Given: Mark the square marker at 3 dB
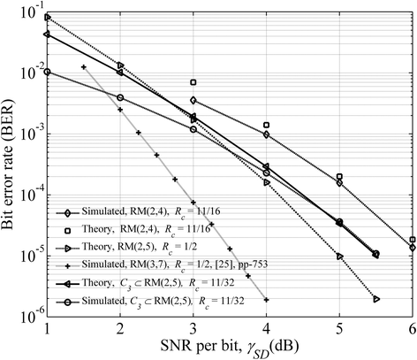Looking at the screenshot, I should click(x=193, y=82).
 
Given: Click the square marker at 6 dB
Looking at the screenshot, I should click(x=413, y=240).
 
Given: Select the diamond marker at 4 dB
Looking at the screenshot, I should click(x=266, y=134).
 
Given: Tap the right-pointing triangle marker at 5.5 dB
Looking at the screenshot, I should click(x=376, y=299).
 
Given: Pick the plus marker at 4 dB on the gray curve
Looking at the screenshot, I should click(x=266, y=300).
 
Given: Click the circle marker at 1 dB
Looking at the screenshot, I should click(x=47, y=72).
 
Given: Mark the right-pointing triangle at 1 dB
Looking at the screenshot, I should click(x=47, y=18).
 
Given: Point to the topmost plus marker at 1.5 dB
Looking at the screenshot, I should click(x=83, y=67).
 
